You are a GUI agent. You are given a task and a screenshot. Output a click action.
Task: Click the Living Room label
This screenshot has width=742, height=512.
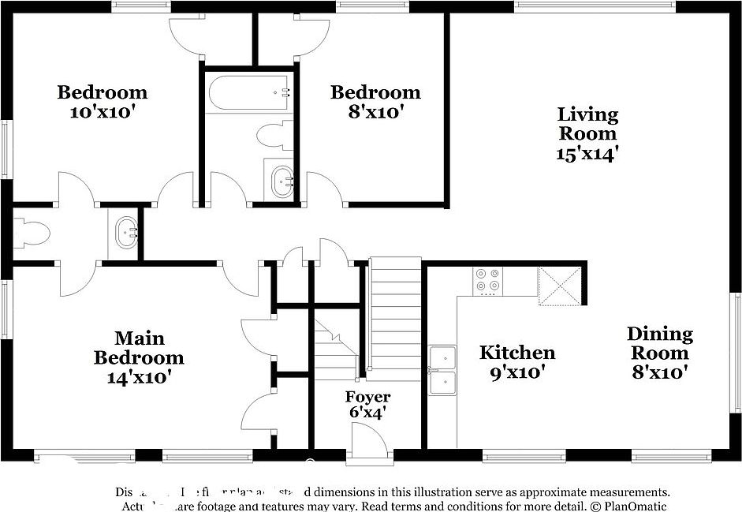[587, 124]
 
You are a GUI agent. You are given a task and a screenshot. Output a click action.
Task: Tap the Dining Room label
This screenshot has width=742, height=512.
[660, 344]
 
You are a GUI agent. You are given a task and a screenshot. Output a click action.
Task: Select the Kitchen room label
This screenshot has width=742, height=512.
[517, 352]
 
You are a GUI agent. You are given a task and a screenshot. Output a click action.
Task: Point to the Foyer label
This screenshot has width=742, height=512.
[367, 396]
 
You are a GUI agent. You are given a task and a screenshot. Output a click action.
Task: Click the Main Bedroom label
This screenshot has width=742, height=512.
[139, 348]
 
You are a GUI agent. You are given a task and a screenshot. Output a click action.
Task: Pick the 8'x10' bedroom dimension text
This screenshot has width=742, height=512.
[375, 112]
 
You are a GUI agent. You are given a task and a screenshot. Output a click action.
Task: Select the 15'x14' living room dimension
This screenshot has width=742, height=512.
[587, 154]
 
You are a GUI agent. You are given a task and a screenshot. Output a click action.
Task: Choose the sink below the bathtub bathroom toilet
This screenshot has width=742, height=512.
[279, 181]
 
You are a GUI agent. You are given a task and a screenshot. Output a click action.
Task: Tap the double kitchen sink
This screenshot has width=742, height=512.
[442, 371]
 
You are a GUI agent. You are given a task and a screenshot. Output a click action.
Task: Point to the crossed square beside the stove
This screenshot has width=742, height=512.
[558, 286]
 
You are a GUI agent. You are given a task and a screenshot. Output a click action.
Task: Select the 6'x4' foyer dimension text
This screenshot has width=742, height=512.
[367, 412]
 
